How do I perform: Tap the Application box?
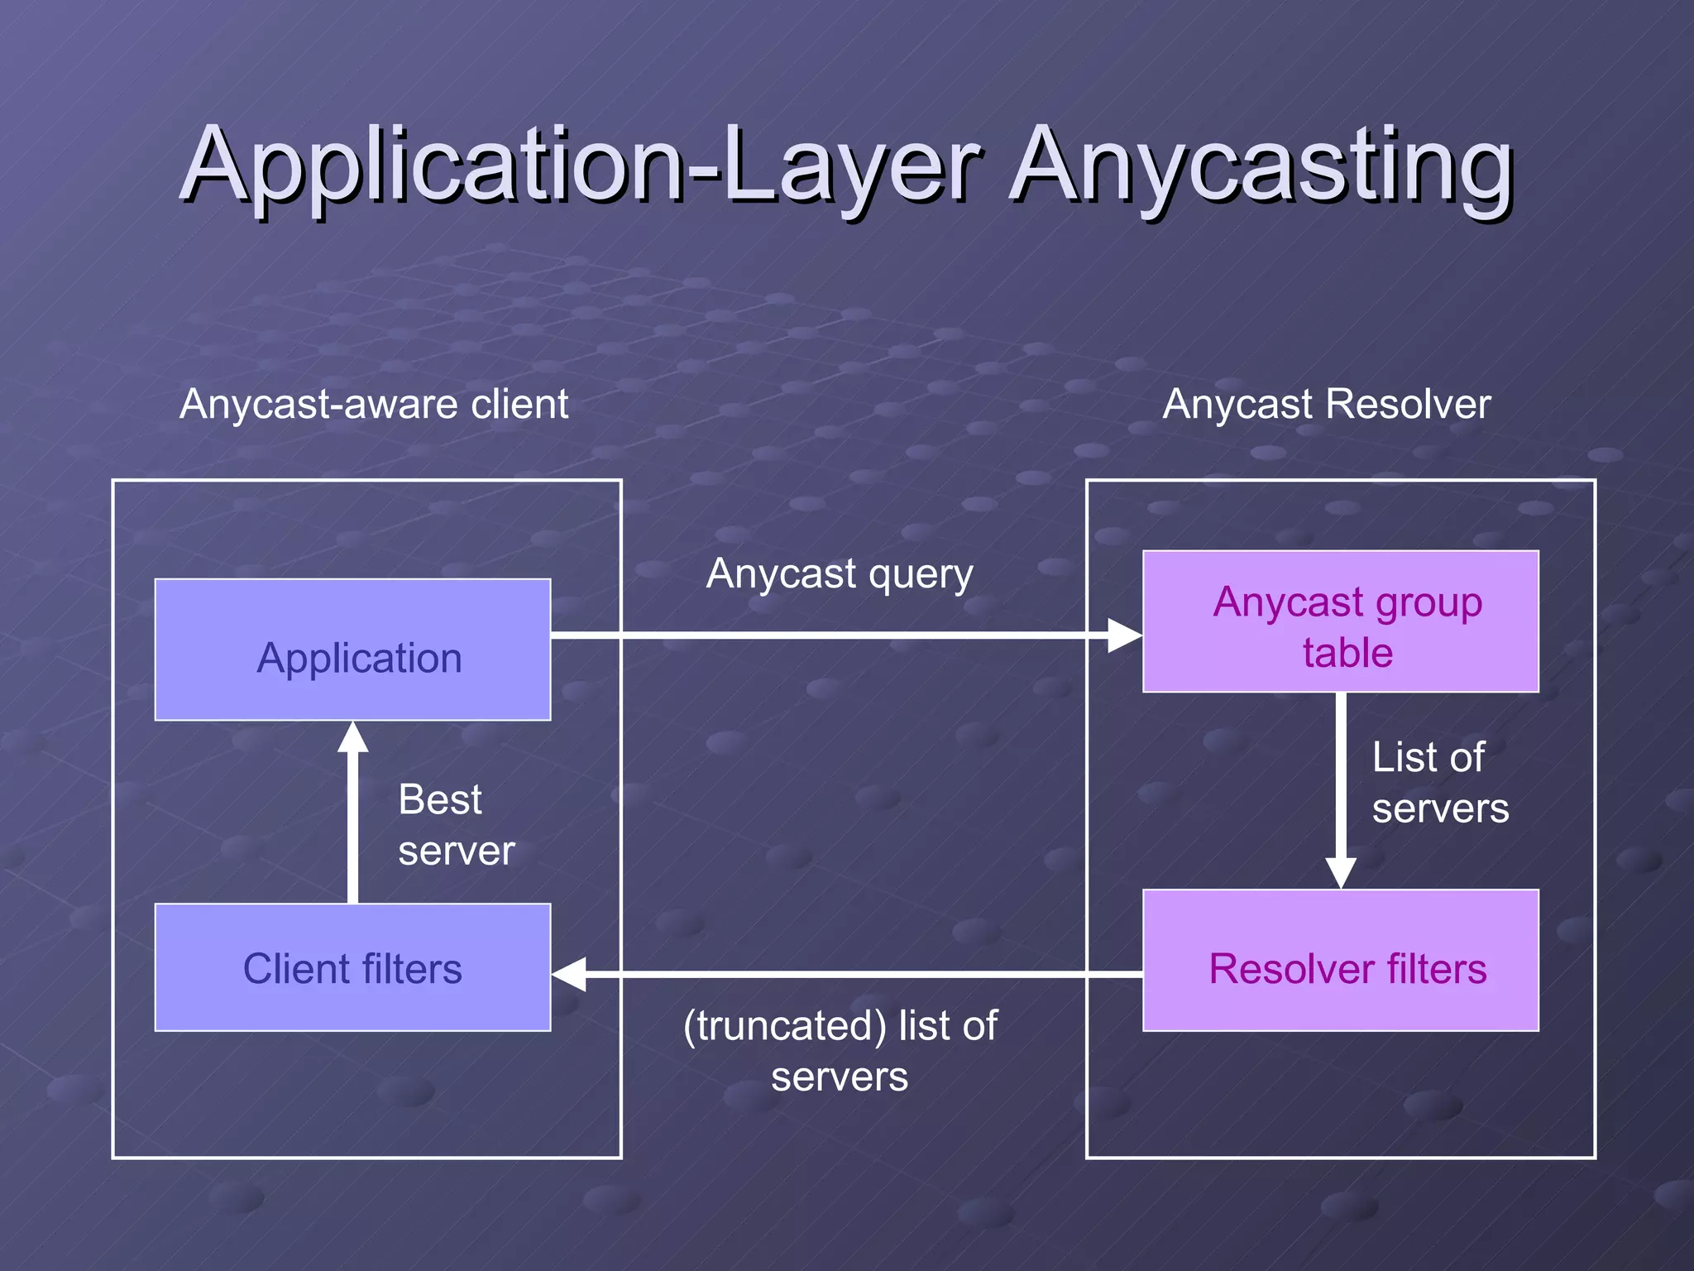pos(352,650)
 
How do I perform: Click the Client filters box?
pos(352,967)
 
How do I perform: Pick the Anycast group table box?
pos(1340,621)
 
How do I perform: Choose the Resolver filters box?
pos(1340,961)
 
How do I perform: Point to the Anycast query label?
pos(839,574)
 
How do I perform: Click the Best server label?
pos(456,825)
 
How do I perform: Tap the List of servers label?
pos(1439,782)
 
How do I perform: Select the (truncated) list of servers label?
pos(840,1051)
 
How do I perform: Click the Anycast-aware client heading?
pos(374,405)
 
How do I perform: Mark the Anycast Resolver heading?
pos(1326,405)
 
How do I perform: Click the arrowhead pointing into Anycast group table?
pos(1125,635)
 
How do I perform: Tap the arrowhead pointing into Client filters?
pos(569,974)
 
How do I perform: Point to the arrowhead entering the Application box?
pos(353,736)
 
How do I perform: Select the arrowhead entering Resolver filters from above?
pos(1340,873)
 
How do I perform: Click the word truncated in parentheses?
pos(785,1026)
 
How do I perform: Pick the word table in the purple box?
pos(1347,653)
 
